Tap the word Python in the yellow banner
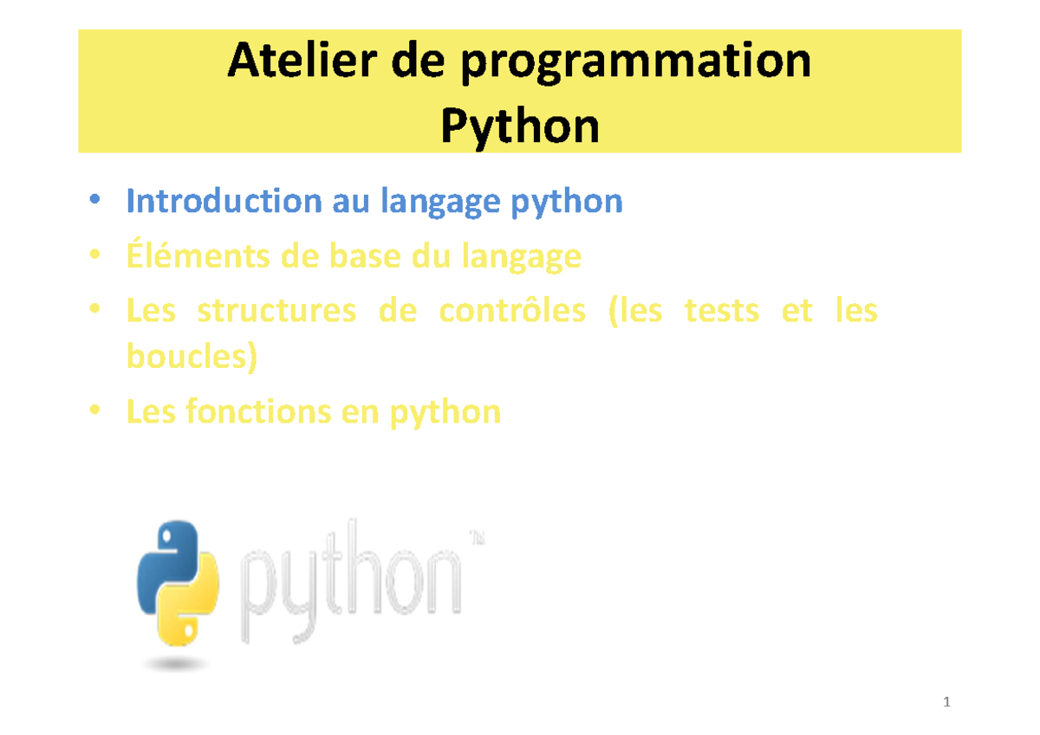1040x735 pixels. tap(519, 127)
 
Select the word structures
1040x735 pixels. tap(276, 310)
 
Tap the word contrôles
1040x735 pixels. tap(512, 310)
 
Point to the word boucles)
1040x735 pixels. tap(192, 357)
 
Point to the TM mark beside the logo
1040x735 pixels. tap(477, 538)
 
